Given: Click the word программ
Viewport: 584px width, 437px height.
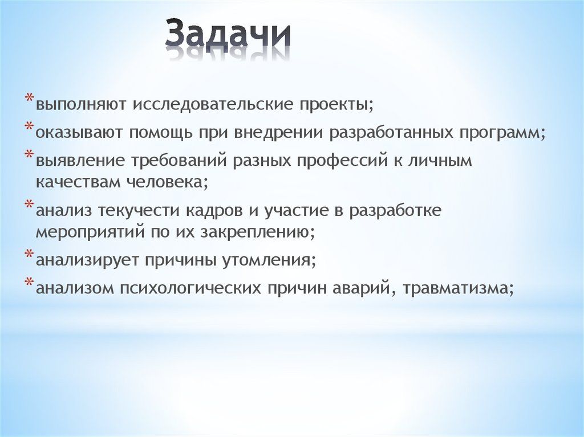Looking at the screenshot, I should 502,133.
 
